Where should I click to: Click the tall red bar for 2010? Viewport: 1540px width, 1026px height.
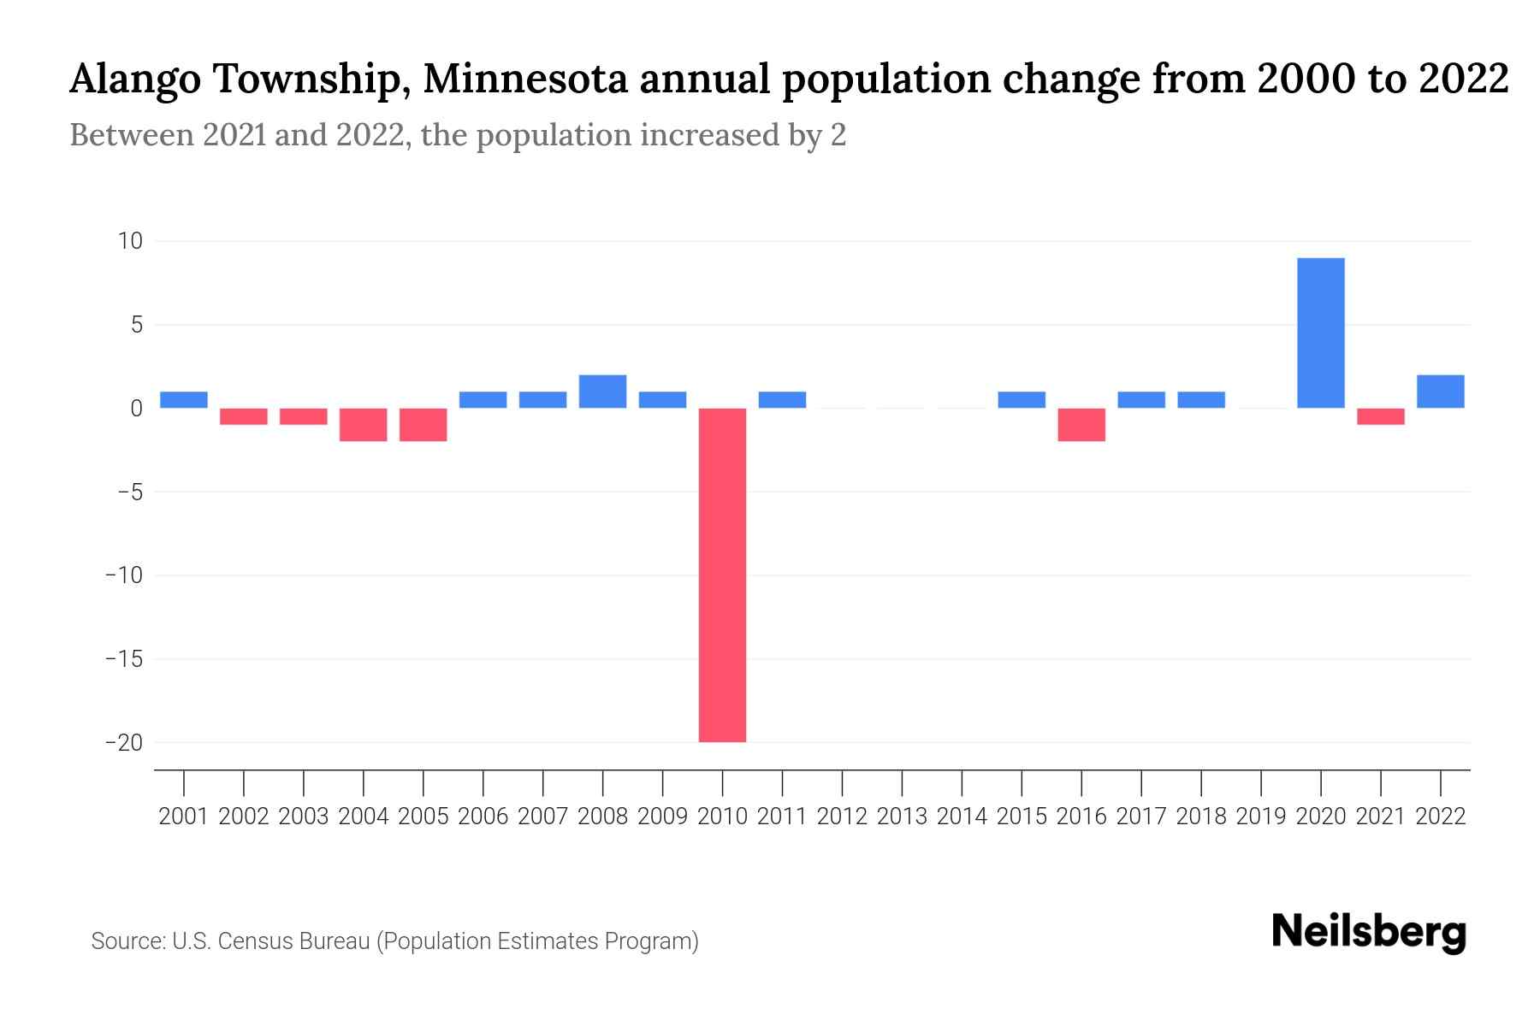point(722,575)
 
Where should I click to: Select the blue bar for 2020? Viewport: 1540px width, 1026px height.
point(1320,333)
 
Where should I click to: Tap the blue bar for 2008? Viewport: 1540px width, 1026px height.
point(602,392)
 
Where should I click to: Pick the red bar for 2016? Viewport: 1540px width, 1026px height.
point(1081,424)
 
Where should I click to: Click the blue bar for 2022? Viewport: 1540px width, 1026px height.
point(1440,392)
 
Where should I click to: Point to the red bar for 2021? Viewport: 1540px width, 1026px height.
point(1380,416)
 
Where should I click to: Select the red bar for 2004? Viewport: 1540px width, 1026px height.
point(364,424)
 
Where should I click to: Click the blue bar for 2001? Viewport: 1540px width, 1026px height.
point(184,399)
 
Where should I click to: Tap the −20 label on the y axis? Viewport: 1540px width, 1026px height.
point(123,742)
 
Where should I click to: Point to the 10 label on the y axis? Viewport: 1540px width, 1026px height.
point(130,241)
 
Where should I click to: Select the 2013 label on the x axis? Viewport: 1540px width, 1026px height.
point(902,817)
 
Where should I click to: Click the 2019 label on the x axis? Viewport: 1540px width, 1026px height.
point(1260,817)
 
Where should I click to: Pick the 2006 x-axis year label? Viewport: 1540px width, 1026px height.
point(483,817)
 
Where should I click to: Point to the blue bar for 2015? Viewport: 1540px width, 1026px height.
point(1022,399)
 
